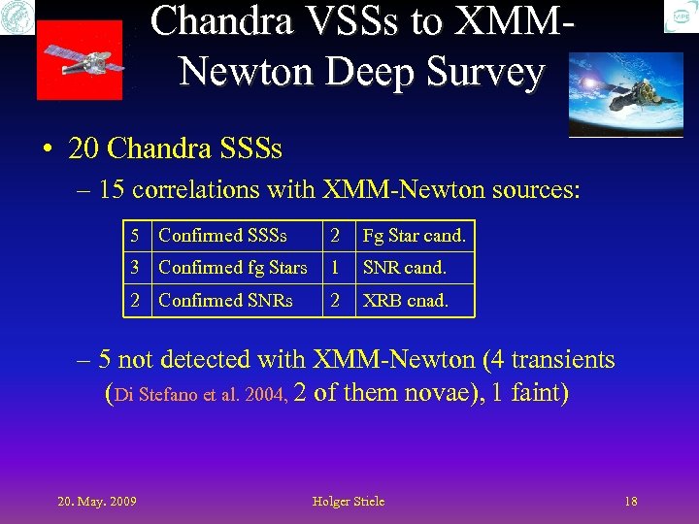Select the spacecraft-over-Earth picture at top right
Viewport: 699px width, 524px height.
625,94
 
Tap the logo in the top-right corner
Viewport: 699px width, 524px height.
681,16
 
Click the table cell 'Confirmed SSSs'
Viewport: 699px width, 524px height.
222,235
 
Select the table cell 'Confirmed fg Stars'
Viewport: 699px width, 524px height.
232,268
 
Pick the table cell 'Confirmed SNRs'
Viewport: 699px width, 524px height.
225,301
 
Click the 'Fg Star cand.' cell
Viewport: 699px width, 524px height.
414,235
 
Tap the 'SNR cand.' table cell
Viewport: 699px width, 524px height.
404,268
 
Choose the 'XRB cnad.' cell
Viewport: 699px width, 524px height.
405,301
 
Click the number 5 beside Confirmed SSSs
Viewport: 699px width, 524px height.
137,235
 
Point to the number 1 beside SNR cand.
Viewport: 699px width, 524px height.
335,268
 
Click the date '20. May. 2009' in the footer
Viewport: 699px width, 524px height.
96,501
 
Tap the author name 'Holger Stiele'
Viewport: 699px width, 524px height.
349,501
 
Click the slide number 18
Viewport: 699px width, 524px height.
631,501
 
